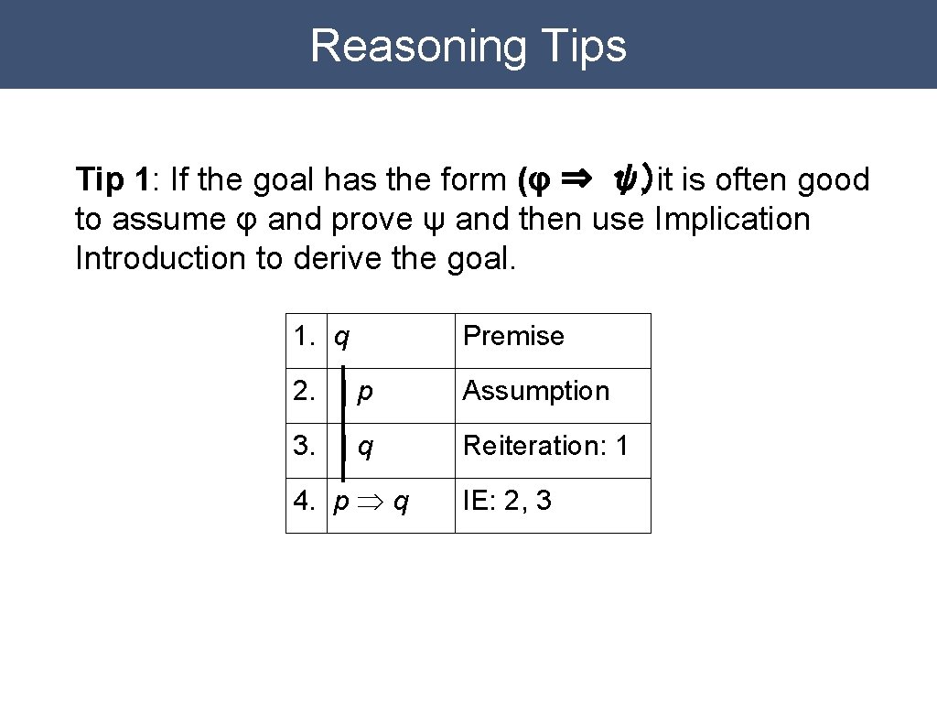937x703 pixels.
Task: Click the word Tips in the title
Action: pyautogui.click(x=583, y=46)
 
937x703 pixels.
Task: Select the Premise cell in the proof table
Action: pyautogui.click(x=513, y=336)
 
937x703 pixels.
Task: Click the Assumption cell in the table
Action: pyautogui.click(x=535, y=391)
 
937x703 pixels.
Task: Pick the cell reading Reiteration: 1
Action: pyautogui.click(x=545, y=446)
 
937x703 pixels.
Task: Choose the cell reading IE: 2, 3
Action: pyautogui.click(x=507, y=501)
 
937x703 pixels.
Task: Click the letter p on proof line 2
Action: pyautogui.click(x=365, y=394)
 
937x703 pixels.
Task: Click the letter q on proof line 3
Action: pyautogui.click(x=365, y=449)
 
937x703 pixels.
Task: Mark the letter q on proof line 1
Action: pyautogui.click(x=341, y=339)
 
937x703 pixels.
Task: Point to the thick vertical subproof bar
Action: pyautogui.click(x=343, y=421)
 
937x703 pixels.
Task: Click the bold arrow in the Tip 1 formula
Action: pyautogui.click(x=580, y=179)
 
